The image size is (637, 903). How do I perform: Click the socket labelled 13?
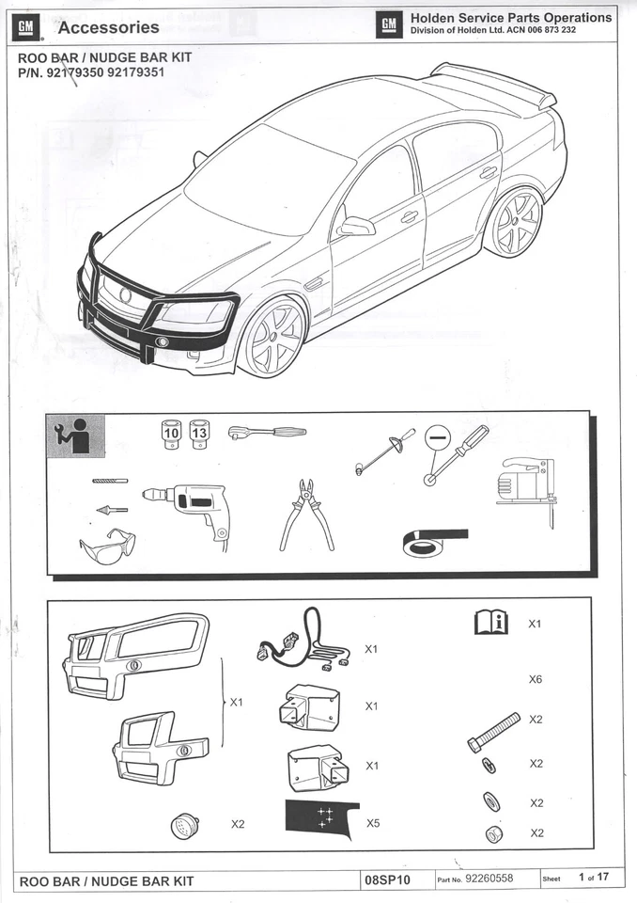(199, 434)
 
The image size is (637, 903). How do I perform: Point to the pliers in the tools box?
(306, 515)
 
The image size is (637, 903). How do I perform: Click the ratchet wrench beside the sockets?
(267, 432)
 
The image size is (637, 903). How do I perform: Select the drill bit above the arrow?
(110, 481)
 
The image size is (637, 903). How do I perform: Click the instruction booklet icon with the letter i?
(490, 623)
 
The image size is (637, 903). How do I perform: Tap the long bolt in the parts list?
(493, 731)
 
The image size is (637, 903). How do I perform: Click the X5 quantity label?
(373, 823)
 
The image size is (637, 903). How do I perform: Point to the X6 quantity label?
(536, 679)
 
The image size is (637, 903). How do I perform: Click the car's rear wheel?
(514, 222)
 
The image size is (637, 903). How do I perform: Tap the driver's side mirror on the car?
(356, 226)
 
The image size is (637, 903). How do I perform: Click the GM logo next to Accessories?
(25, 27)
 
